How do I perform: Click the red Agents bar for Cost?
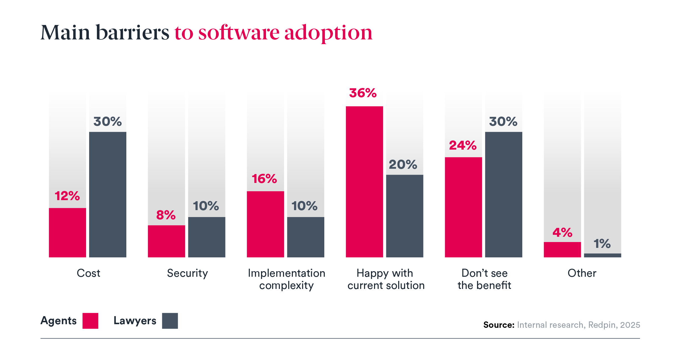coord(67,232)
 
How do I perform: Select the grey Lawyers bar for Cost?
coord(108,194)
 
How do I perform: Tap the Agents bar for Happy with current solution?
coord(364,182)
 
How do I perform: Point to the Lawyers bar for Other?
coord(602,255)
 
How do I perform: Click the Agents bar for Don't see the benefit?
coord(463,207)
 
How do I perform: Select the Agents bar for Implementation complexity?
coord(265,224)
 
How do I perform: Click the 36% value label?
coord(363,93)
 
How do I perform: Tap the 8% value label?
coord(166,215)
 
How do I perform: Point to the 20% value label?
coord(403,165)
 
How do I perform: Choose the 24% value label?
coord(463,145)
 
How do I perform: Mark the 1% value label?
coord(602,244)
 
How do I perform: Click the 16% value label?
coord(264,179)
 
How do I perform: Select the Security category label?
coord(187,273)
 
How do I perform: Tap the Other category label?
coord(582,273)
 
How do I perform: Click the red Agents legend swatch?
coord(90,321)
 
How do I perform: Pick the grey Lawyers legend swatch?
coord(170,321)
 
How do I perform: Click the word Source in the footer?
coord(499,325)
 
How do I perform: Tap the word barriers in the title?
coord(132,33)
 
